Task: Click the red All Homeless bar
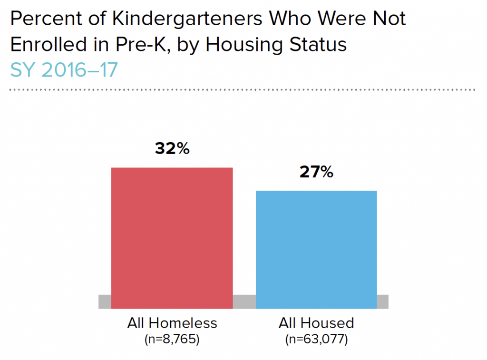pyautogui.click(x=172, y=238)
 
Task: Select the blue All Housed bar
pyautogui.click(x=316, y=249)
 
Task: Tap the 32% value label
pyautogui.click(x=172, y=149)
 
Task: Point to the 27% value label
pyautogui.click(x=316, y=172)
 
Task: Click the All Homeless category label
pyautogui.click(x=172, y=323)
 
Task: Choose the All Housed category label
pyautogui.click(x=316, y=323)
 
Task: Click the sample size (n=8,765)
pyautogui.click(x=172, y=340)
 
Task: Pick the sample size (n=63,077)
pyautogui.click(x=316, y=340)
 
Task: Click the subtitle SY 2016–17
pyautogui.click(x=64, y=70)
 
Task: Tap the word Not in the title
pyautogui.click(x=389, y=19)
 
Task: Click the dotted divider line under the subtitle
pyautogui.click(x=243, y=89)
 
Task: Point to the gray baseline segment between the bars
pyautogui.click(x=244, y=302)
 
